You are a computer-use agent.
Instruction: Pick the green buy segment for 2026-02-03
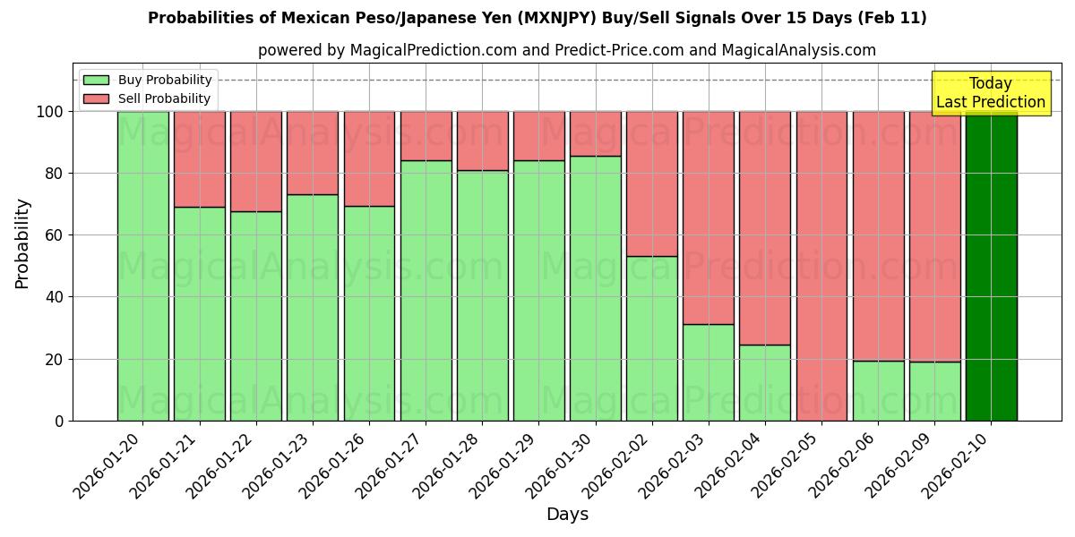(x=708, y=372)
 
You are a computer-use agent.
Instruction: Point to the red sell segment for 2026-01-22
(x=255, y=161)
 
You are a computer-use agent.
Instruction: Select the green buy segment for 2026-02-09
(x=934, y=391)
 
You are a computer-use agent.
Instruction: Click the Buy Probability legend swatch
(x=96, y=81)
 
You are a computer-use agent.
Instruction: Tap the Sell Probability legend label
(x=164, y=99)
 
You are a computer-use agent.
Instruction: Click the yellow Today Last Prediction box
(x=990, y=93)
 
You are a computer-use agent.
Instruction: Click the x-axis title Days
(x=567, y=515)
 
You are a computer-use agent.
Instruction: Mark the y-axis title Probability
(x=22, y=243)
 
